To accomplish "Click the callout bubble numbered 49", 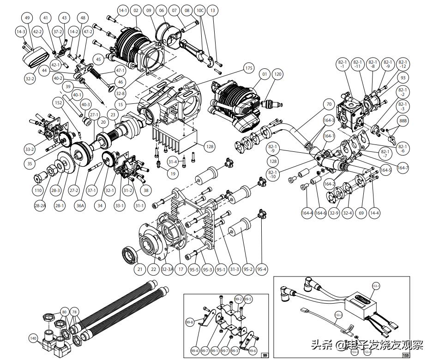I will point(27,18).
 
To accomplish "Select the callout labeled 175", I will point(248,68).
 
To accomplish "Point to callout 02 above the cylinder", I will point(135,10).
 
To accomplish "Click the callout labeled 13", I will point(212,10).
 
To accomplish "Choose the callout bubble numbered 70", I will point(329,104).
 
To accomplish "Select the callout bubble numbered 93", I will point(403,78).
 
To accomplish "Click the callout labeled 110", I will point(38,190).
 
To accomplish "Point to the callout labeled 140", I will point(33,338).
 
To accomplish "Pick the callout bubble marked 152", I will point(58,102).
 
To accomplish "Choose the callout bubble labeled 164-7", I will point(403,168).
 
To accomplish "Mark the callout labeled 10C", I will point(200,10).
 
